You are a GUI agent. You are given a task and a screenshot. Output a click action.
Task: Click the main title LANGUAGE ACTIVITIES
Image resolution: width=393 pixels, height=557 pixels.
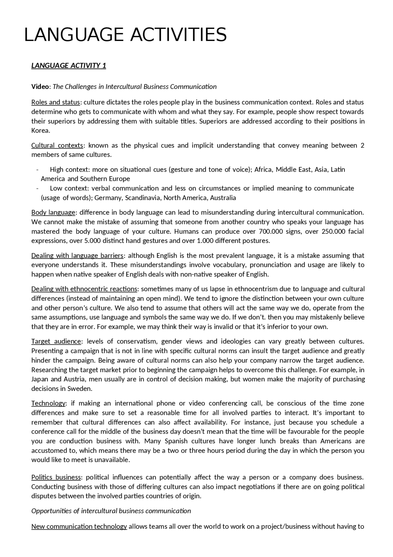[x=125, y=35]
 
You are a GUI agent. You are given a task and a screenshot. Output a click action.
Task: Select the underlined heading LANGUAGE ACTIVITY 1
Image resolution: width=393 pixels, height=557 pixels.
[x=68, y=66]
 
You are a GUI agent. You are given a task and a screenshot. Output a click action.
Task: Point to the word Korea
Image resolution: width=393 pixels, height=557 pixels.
[x=40, y=130]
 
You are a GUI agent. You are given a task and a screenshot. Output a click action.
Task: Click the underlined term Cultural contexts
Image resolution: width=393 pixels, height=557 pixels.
[x=57, y=145]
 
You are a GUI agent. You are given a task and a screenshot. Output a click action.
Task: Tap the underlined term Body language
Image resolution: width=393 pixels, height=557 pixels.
[x=53, y=213]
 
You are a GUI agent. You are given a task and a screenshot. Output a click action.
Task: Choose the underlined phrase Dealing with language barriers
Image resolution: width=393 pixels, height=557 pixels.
[x=77, y=256]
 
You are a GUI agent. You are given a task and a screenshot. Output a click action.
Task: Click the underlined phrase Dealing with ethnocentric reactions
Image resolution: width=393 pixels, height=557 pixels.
[x=84, y=289]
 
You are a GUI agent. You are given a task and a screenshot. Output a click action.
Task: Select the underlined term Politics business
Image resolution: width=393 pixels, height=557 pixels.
[x=56, y=477]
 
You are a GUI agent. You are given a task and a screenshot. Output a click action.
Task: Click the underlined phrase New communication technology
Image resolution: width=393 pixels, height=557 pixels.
[x=79, y=527]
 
